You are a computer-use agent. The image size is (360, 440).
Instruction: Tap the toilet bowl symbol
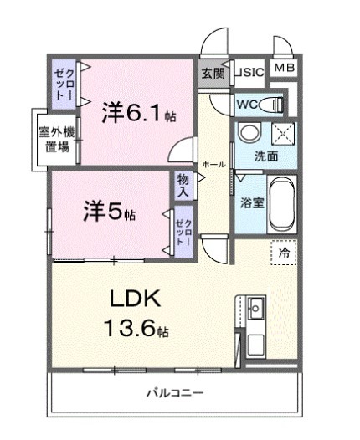pos(273,105)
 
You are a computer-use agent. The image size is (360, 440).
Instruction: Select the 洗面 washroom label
pos(267,157)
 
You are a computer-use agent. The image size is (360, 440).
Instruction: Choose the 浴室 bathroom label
pos(249,202)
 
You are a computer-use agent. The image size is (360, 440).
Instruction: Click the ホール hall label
pos(213,165)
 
